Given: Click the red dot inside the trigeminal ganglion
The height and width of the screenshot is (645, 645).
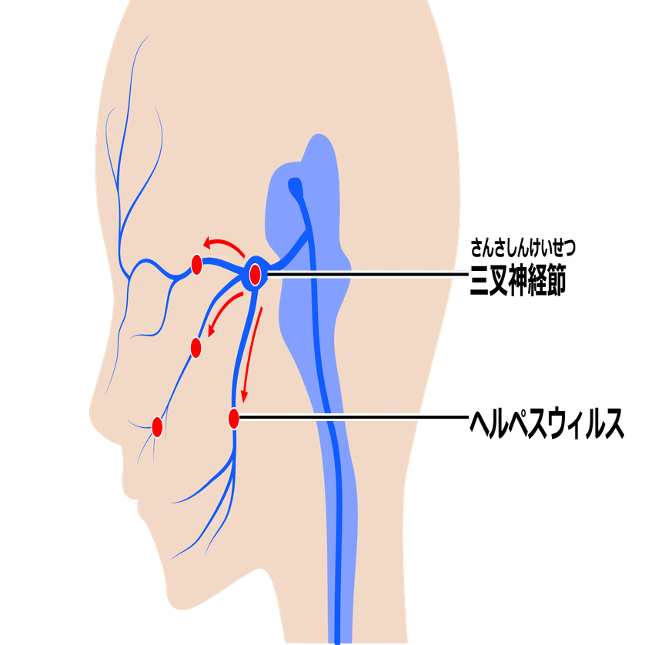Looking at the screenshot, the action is tap(255, 274).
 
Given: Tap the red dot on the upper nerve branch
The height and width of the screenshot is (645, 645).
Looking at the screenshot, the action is tap(196, 265).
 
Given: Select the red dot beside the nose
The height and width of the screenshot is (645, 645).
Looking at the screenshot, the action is tap(157, 427).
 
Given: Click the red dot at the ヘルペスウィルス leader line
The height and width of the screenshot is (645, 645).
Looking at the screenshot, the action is tap(234, 419).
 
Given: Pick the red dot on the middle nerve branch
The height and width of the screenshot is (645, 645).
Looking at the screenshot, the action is tap(196, 348).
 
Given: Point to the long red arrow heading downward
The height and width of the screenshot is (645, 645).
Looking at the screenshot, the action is tap(252, 355).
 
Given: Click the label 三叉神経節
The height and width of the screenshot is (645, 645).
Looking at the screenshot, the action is tap(518, 280).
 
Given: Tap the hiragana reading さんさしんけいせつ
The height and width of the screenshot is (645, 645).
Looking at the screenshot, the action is tap(523, 248).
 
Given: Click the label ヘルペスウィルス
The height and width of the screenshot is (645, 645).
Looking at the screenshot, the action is tap(547, 424).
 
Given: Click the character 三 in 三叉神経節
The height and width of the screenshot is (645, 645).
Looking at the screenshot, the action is tap(480, 280).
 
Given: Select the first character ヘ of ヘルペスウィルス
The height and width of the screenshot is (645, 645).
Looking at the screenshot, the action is tap(480, 423).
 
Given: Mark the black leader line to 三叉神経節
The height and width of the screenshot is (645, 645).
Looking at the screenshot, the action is tap(367, 273).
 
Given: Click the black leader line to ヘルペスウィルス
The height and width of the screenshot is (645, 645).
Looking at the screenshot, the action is tap(354, 417).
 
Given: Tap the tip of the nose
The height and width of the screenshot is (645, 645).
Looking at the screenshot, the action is tap(90, 413).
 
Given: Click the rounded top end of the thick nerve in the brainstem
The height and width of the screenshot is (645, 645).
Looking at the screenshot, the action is tap(295, 182).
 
